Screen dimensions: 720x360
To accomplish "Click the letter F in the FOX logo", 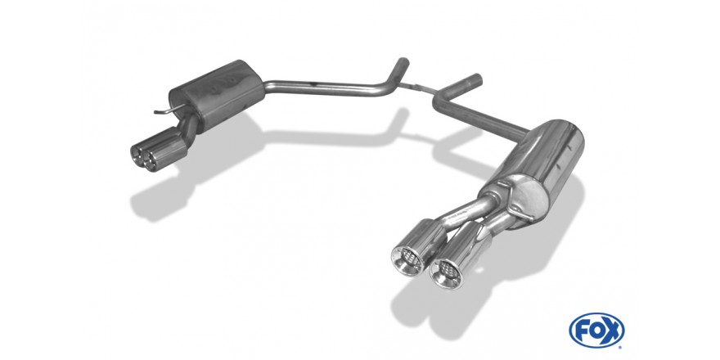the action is tap(580, 330).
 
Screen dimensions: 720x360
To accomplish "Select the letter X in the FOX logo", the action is tap(613, 330).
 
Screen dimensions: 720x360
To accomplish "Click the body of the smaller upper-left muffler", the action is tap(216, 95).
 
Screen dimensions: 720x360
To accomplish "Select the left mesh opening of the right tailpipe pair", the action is tap(407, 260).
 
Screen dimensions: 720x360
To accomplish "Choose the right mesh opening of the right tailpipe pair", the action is tap(446, 273).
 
